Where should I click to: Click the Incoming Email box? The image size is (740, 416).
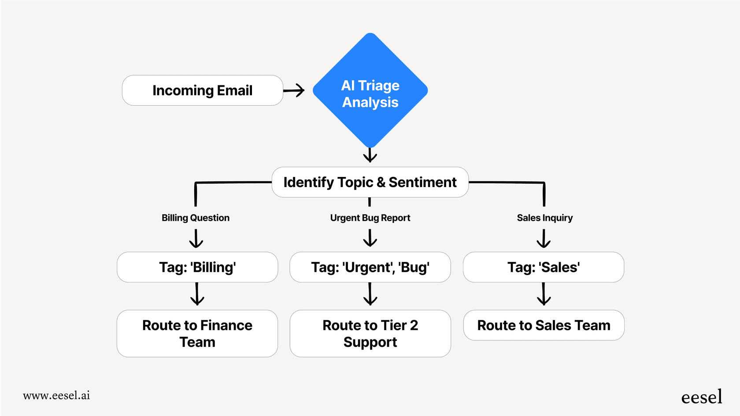pos(202,90)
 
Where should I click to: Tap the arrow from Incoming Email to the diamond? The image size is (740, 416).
pos(294,90)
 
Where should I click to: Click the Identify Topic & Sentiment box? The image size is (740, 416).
pos(370,182)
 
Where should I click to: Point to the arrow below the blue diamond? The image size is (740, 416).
pos(370,155)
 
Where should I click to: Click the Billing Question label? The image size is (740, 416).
pos(196,218)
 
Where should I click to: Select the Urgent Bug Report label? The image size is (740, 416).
pos(370,218)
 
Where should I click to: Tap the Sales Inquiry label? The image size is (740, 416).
pos(544,218)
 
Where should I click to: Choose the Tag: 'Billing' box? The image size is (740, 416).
pos(197,267)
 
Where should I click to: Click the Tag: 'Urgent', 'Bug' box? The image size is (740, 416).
pos(370,267)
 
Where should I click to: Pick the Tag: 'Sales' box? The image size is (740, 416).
pos(544,267)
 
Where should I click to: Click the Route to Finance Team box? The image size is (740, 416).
pos(197,334)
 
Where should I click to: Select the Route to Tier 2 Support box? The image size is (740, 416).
pos(370,334)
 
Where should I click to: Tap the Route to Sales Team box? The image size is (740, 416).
pos(544,325)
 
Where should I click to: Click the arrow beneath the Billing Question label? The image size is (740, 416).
pos(196,239)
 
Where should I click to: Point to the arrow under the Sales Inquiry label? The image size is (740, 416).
pos(544,239)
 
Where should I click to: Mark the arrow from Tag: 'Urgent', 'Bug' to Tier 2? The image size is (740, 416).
pos(370,295)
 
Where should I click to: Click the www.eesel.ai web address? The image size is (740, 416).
pos(56,395)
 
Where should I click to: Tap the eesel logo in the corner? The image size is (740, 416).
pos(701,397)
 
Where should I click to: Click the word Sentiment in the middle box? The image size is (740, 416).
pos(422,182)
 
